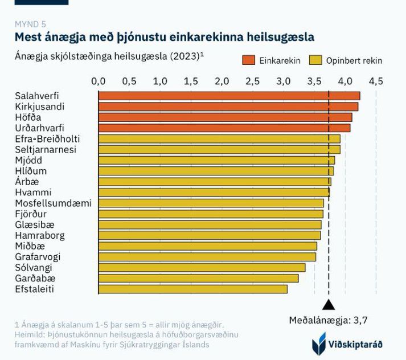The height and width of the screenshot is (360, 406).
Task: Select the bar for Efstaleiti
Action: point(193,289)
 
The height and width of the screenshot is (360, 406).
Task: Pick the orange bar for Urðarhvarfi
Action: point(224,128)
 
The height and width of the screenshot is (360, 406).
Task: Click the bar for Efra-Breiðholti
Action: point(219,138)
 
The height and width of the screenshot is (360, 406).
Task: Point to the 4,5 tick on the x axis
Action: point(376,81)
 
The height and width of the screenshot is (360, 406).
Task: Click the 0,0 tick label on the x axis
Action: point(99,81)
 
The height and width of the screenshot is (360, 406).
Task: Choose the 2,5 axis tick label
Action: point(252,81)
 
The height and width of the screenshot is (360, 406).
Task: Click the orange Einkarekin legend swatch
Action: point(248,60)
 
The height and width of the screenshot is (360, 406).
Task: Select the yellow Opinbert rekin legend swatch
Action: point(315,60)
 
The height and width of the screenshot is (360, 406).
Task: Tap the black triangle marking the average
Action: point(329,305)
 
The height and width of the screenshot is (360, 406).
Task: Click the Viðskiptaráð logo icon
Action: point(319,344)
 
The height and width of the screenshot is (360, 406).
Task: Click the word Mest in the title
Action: point(28,37)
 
